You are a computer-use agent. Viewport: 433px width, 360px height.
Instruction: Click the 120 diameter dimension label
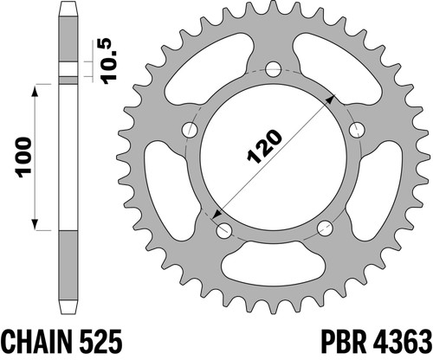[x=264, y=146]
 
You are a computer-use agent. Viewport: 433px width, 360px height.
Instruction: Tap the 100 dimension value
[x=24, y=157]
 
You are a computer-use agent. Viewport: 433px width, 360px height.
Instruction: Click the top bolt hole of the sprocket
[x=273, y=69]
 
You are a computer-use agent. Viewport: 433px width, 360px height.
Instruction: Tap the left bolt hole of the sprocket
[x=191, y=130]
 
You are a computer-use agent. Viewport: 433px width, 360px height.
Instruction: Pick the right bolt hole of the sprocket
[x=357, y=130]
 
